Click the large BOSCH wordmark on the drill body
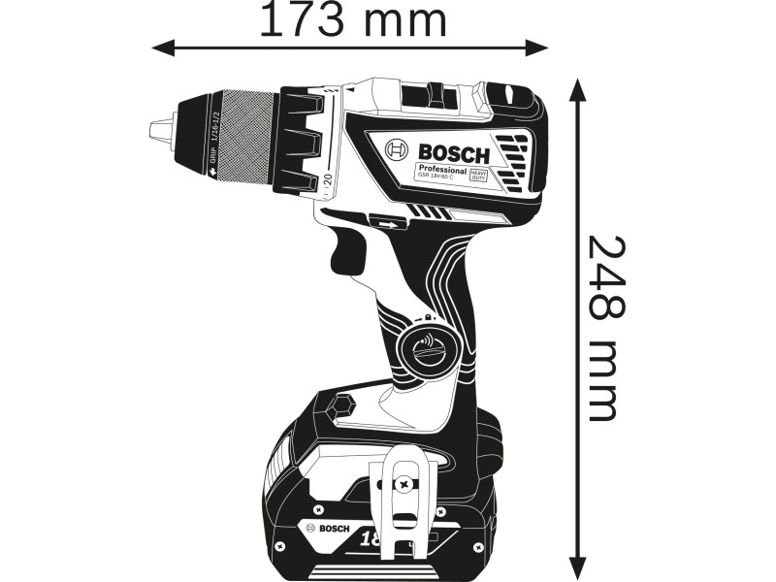pos(455,151)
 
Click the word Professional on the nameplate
pos(443,171)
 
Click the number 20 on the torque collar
pos(328,179)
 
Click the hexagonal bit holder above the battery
pos(342,405)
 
